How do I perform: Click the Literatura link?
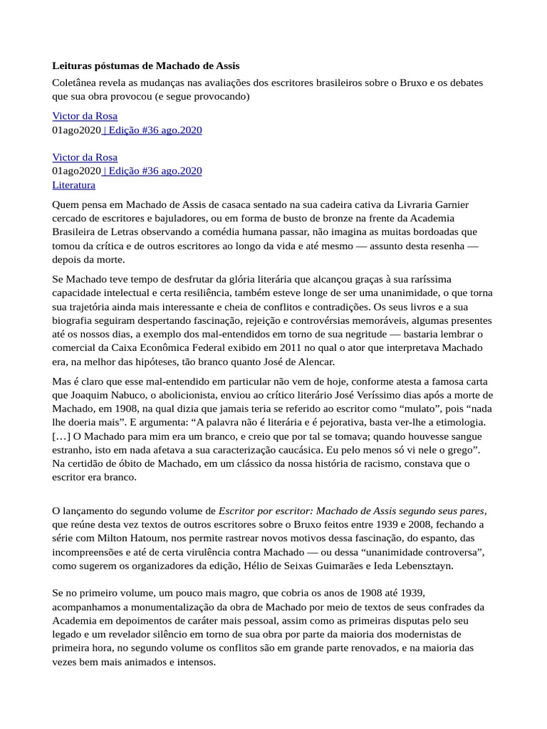(x=73, y=184)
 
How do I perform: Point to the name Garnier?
(x=449, y=204)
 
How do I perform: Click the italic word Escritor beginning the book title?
(x=239, y=510)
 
